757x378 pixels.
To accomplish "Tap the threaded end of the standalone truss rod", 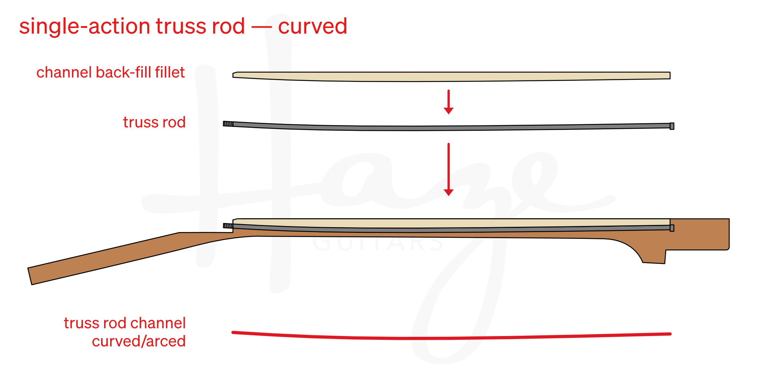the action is tap(228, 124).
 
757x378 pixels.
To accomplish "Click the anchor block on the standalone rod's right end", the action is tap(672, 126).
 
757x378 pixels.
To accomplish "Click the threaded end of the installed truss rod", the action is tap(228, 226).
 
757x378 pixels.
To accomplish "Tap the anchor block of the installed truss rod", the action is tap(672, 228).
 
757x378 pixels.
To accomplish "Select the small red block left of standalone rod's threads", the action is tap(157, 124).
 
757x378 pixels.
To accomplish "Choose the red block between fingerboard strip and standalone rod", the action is tap(598, 105).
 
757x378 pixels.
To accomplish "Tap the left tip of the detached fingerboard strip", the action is tap(235, 75).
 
